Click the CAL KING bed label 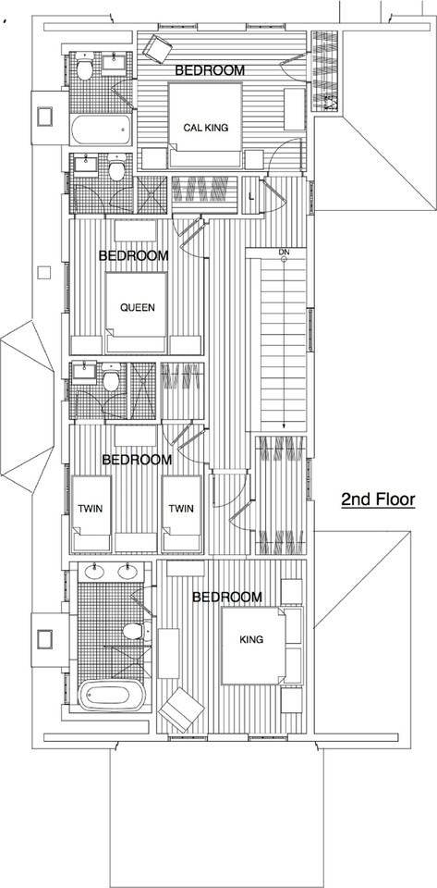click(x=205, y=129)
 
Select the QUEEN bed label click(x=137, y=309)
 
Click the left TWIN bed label click(x=90, y=509)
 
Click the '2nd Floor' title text click(x=378, y=499)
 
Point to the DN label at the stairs click(x=283, y=252)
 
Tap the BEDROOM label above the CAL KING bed click(x=210, y=70)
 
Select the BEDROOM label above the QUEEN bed click(x=133, y=255)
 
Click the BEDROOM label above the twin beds click(x=137, y=460)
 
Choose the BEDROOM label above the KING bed click(x=226, y=598)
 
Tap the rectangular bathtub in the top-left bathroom click(x=101, y=129)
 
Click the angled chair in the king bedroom click(x=182, y=711)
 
